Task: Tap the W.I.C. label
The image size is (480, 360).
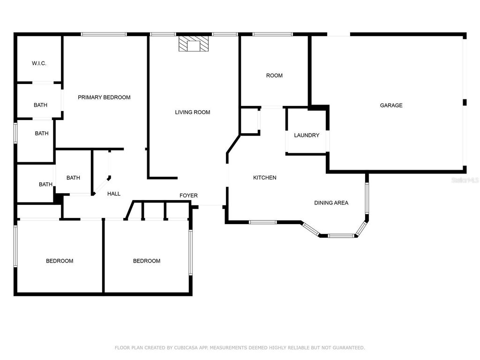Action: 39,63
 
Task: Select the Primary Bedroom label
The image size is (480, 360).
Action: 104,97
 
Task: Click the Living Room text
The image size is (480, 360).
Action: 192,112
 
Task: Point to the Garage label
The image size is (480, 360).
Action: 391,105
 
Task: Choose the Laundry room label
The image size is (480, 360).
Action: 307,135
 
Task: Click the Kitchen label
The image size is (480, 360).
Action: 264,178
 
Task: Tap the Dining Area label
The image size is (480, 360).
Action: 331,203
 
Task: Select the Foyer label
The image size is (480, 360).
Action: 188,195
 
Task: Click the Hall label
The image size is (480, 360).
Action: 114,194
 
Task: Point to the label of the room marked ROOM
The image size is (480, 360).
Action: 274,75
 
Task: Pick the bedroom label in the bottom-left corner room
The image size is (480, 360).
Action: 60,261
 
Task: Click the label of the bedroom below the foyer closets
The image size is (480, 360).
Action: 147,261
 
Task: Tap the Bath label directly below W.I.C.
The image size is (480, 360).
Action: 40,105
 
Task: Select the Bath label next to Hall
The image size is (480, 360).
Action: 73,178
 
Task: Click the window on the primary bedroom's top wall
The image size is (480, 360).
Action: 104,34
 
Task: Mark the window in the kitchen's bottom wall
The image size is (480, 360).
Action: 262,222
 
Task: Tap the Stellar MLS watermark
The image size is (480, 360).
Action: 465,180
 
